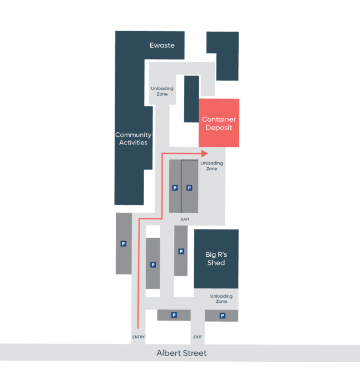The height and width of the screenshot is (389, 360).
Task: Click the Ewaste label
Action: click(162, 45)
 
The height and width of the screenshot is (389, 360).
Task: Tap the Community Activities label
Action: click(134, 138)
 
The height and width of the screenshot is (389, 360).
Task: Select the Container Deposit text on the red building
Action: click(219, 123)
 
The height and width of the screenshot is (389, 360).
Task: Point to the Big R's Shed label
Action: click(216, 258)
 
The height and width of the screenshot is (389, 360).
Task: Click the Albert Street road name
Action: click(181, 353)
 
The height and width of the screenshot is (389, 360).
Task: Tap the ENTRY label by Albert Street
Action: click(139, 337)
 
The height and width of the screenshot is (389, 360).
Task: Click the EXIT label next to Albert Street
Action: click(198, 337)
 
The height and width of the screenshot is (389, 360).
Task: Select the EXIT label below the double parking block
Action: click(185, 220)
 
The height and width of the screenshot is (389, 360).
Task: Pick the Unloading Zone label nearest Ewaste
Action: click(162, 91)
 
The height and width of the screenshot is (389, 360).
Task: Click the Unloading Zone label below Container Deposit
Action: click(211, 166)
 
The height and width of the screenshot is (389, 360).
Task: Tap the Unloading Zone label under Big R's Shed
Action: click(221, 299)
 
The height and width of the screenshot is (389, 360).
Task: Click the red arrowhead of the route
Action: click(204, 153)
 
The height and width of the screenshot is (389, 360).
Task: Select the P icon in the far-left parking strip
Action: click(123, 243)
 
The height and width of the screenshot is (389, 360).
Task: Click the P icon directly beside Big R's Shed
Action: click(181, 251)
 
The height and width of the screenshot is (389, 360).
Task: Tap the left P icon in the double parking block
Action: click(175, 188)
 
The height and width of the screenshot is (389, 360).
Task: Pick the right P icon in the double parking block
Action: click(189, 188)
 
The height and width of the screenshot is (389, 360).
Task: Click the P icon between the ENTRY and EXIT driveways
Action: click(174, 315)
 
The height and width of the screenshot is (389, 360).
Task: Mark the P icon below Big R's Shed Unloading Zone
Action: click(223, 316)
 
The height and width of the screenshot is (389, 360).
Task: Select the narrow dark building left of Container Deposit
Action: click(191, 99)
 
